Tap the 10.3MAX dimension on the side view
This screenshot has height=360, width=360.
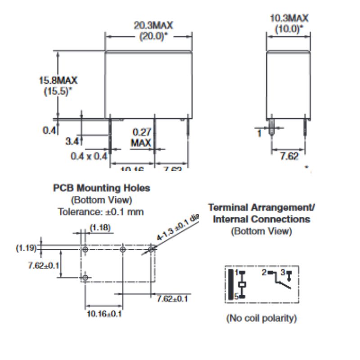[289, 18]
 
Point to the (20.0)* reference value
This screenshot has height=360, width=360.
[148, 36]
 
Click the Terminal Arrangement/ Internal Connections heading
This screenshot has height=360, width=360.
[261, 213]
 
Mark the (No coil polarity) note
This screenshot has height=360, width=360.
[261, 319]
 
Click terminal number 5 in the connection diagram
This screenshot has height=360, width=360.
[236, 296]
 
